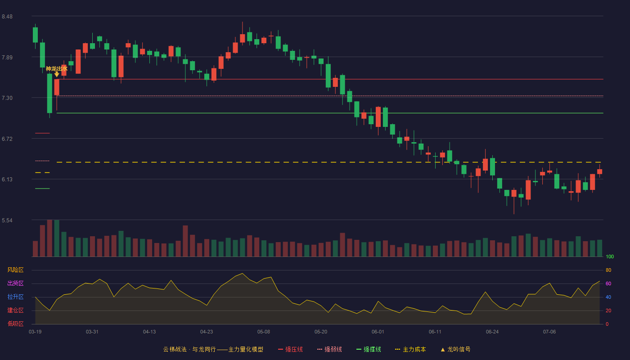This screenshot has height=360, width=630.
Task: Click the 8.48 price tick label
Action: [7, 17]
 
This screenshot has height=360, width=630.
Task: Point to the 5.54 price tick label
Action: [7, 220]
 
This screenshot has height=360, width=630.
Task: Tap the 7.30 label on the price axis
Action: [7, 98]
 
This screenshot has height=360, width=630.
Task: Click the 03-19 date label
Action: [35, 332]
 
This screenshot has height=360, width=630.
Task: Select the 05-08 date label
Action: [264, 332]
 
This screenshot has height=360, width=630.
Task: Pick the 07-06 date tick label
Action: [549, 332]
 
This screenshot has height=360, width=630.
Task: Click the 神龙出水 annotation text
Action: [57, 68]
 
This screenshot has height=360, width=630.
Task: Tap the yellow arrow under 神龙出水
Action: [57, 74]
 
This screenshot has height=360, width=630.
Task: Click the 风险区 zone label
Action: [15, 270]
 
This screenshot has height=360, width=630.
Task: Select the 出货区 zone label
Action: [15, 283]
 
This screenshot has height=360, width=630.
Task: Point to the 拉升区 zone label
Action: [15, 297]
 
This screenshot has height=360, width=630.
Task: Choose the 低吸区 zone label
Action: [15, 324]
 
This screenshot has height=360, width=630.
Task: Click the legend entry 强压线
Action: [290, 349]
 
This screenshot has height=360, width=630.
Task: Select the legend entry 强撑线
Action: [369, 349]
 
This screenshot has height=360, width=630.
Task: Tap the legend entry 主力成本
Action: [410, 349]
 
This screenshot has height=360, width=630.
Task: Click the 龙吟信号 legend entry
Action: [455, 349]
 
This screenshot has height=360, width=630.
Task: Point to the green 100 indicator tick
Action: [610, 256]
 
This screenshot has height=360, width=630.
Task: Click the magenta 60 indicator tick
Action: [608, 283]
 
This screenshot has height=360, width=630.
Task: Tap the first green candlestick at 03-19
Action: [35, 35]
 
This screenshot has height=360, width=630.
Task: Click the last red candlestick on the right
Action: [599, 171]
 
